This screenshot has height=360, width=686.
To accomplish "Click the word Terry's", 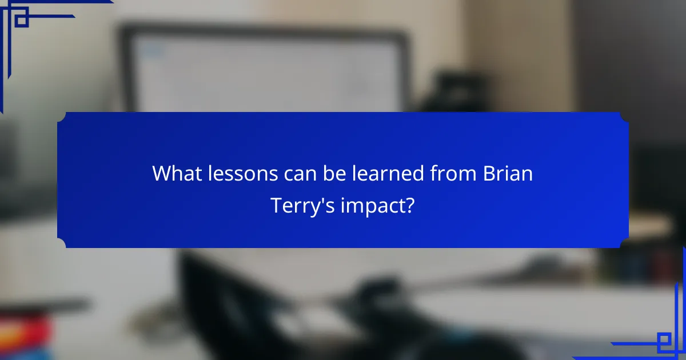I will point(302,206).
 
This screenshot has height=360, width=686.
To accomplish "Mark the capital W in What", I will point(160,174).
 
